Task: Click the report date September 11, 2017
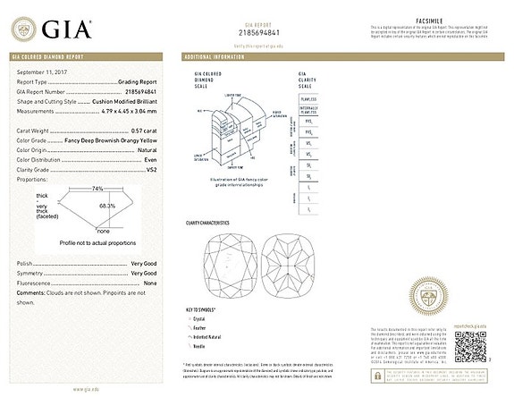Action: coord(43,71)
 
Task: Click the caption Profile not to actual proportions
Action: coord(97,242)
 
